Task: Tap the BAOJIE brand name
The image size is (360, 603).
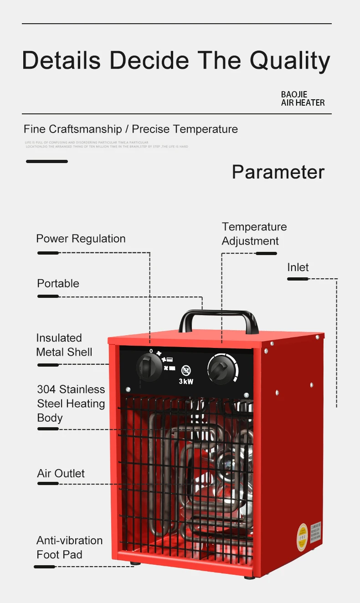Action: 294,94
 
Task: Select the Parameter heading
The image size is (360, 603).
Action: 278,172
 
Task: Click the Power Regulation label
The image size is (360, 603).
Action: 81,239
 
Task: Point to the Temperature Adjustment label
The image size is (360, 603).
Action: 254,234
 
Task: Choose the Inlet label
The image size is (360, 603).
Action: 298,267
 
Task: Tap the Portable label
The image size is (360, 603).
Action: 58,283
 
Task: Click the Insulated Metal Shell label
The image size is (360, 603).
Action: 64,345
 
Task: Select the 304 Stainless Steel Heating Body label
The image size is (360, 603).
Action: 71,404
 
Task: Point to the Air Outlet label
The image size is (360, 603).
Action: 61,474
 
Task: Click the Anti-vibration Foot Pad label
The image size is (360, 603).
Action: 69,547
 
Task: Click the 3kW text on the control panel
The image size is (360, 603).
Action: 185,382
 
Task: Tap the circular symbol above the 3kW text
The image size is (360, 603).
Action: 185,370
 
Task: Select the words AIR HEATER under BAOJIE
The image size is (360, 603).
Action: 303,103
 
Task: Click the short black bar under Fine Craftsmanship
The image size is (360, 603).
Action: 47,161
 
